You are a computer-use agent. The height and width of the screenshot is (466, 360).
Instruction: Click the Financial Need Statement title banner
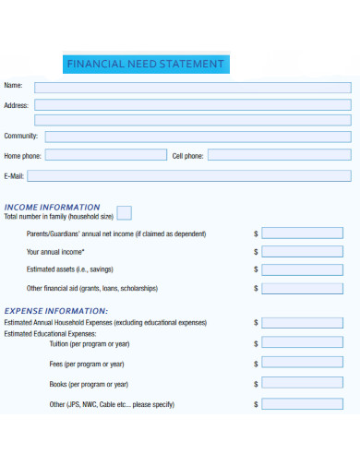tap(144, 65)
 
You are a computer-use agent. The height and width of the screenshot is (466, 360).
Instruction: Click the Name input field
tap(192, 87)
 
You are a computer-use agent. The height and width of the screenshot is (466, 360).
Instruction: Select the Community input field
tap(198, 137)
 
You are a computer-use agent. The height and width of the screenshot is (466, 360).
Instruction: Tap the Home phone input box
tap(106, 155)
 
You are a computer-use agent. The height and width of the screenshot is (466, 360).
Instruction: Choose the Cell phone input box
tap(279, 155)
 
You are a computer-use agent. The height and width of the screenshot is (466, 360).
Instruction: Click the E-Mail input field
tap(192, 175)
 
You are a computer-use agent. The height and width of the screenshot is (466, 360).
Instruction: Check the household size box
tap(124, 213)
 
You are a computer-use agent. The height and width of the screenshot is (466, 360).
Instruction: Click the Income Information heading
tap(53, 207)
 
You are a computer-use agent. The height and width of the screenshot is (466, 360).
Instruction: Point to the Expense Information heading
tap(56, 311)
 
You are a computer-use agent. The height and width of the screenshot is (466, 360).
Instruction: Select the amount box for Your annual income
tap(302, 252)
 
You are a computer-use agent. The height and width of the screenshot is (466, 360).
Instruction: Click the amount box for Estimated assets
tap(302, 269)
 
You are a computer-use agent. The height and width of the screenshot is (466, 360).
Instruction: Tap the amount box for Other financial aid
tap(302, 288)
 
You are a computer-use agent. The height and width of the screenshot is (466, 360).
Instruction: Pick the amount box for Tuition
tap(302, 343)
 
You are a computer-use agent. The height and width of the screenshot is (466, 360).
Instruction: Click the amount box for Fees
tap(302, 364)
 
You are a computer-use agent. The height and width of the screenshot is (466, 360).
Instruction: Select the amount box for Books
tap(302, 384)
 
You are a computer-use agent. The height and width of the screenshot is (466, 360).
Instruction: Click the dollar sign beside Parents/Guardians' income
tap(256, 234)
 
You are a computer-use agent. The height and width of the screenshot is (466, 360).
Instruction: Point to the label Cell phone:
tap(187, 156)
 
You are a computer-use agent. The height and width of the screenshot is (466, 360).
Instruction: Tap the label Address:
tap(17, 105)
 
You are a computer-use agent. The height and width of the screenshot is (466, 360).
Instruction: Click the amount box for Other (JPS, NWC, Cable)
tap(302, 404)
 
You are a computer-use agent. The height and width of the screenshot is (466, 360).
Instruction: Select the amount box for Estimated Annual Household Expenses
tap(302, 323)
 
